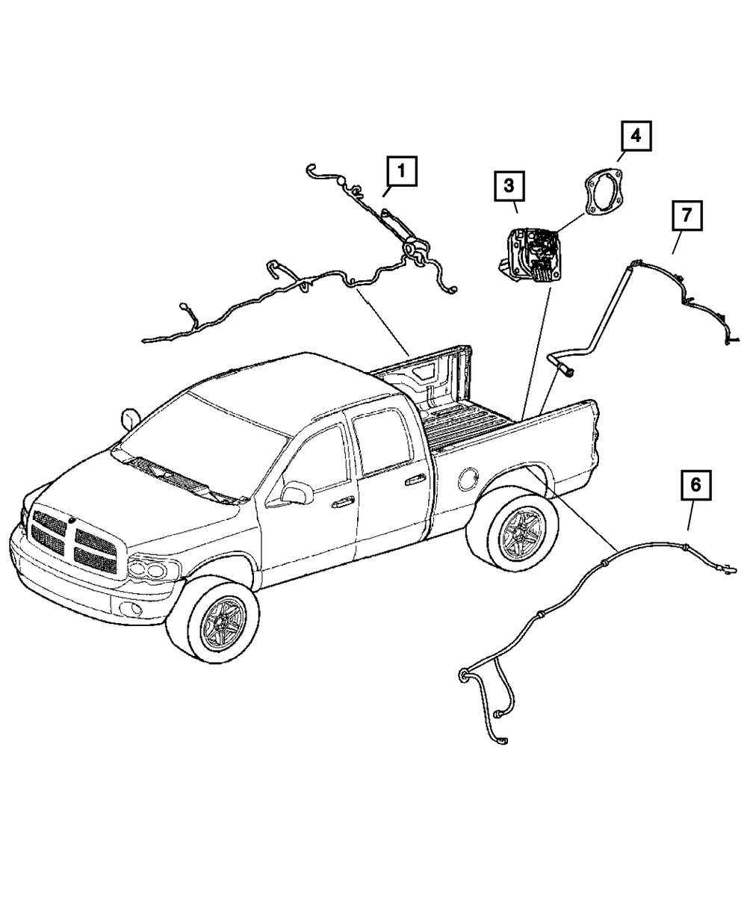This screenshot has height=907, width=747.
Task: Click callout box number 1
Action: pyautogui.click(x=401, y=172)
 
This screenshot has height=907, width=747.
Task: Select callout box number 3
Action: pyautogui.click(x=508, y=185)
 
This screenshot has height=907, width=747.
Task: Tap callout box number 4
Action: pyautogui.click(x=634, y=137)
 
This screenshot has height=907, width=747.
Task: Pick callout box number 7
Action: pyautogui.click(x=686, y=217)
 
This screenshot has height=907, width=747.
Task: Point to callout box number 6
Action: pyautogui.click(x=695, y=486)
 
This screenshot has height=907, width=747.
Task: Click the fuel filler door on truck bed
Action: pyautogui.click(x=470, y=477)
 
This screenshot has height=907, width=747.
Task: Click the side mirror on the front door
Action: pyautogui.click(x=297, y=492)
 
